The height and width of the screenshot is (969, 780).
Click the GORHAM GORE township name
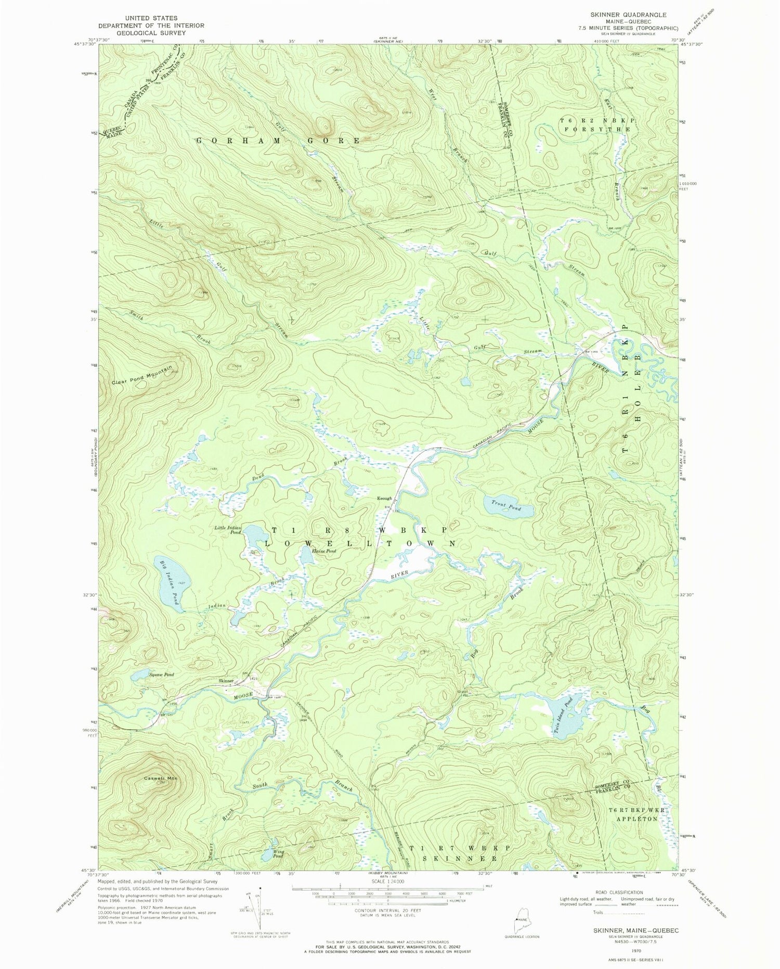pos(278,141)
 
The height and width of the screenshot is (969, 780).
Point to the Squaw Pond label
pos(161,675)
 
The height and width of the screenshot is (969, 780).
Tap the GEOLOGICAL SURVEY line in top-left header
pos(151,32)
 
